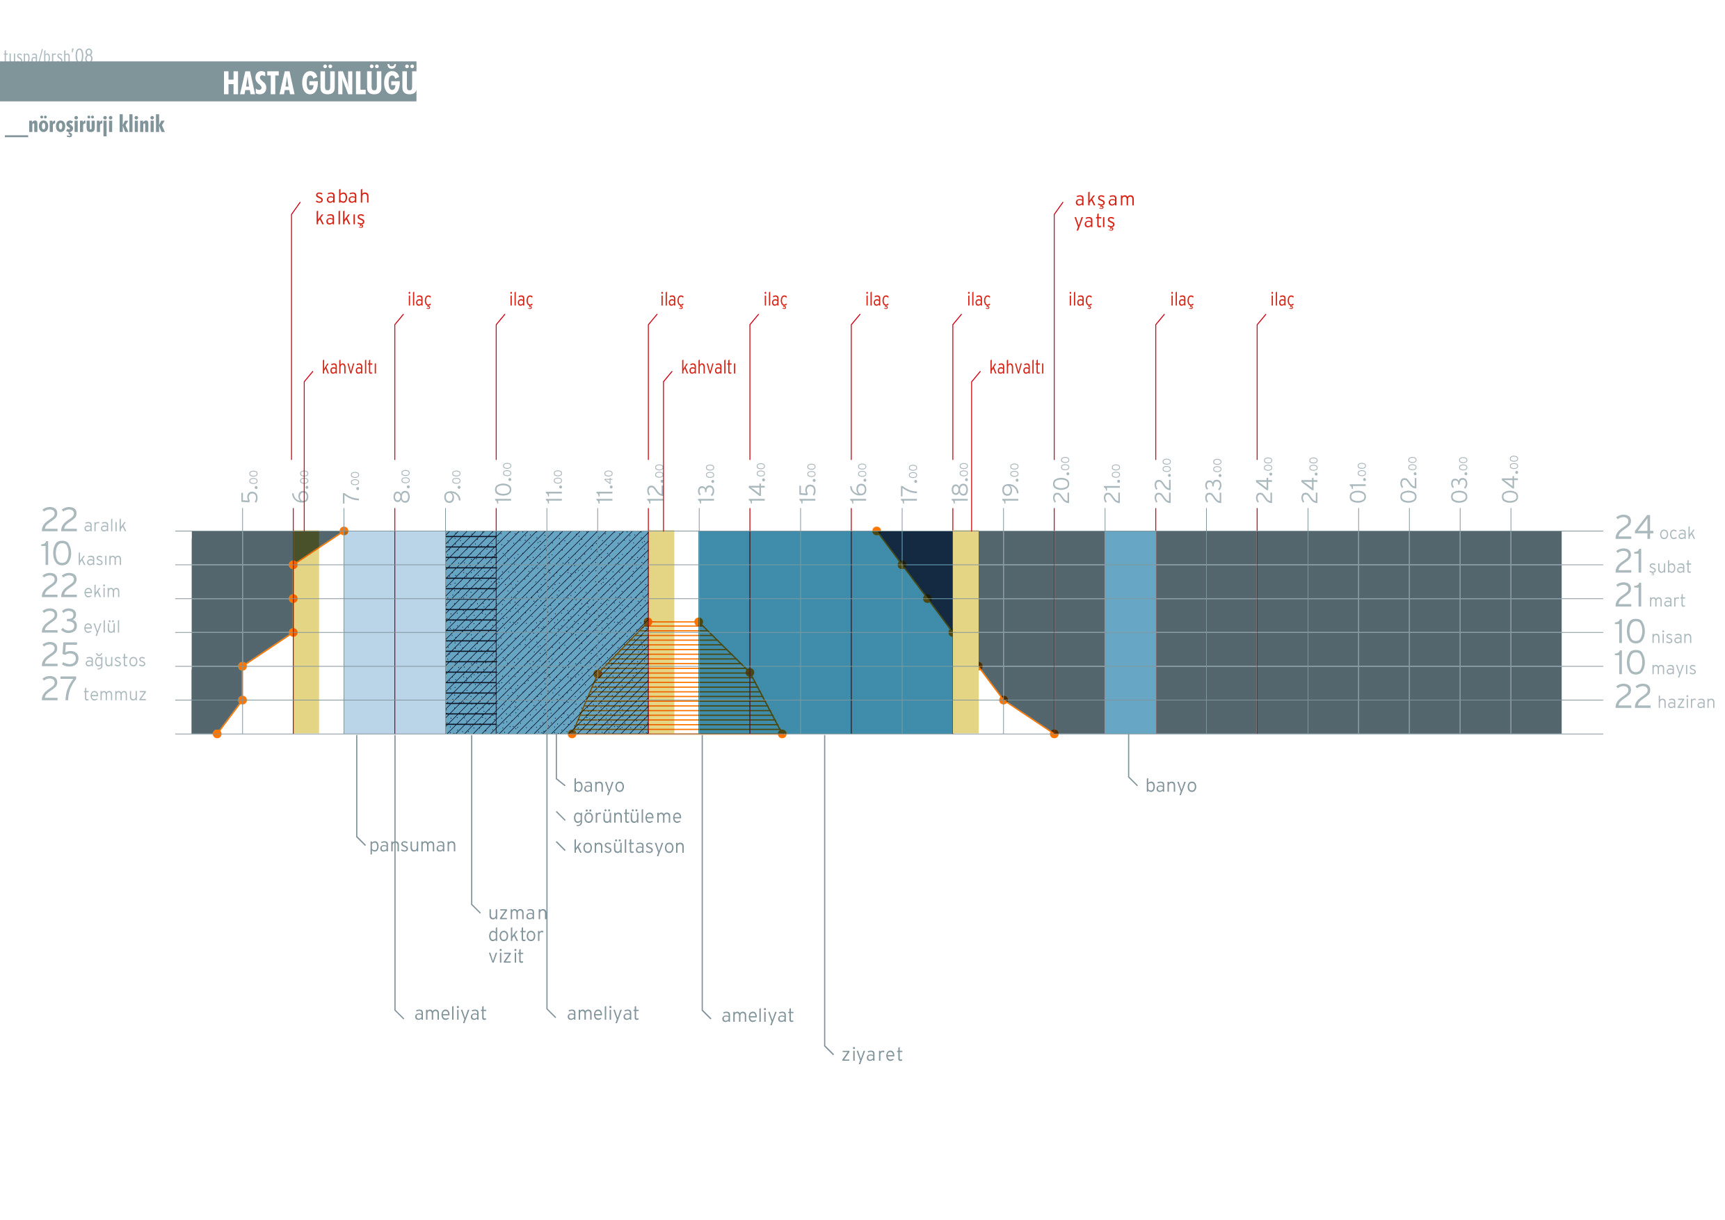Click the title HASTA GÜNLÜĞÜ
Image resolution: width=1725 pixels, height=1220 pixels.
pyautogui.click(x=319, y=83)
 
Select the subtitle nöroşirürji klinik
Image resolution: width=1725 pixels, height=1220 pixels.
pyautogui.click(x=95, y=125)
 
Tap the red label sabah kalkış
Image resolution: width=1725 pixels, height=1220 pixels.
pyautogui.click(x=342, y=207)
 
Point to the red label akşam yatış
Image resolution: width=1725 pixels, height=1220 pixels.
pyautogui.click(x=1103, y=210)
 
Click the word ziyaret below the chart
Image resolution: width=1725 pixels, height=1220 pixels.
pyautogui.click(x=872, y=1054)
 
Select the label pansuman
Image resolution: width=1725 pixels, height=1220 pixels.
pyautogui.click(x=412, y=846)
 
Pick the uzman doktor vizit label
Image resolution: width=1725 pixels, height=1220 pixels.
pyautogui.click(x=517, y=935)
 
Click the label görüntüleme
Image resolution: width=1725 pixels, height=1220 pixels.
pyautogui.click(x=627, y=817)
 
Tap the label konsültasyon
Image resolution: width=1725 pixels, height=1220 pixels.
pyautogui.click(x=628, y=847)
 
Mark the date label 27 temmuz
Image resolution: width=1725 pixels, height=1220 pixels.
pyautogui.click(x=93, y=689)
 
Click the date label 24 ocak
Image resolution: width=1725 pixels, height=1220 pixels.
pyautogui.click(x=1654, y=529)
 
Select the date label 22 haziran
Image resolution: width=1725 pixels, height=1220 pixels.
pyautogui.click(x=1664, y=698)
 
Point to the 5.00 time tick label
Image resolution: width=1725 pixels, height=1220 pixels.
pyautogui.click(x=250, y=487)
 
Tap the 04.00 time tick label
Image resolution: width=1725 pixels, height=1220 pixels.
pyautogui.click(x=1510, y=479)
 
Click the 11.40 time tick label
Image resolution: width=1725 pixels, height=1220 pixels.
pyautogui.click(x=605, y=487)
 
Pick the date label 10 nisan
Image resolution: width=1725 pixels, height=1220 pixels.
pyautogui.click(x=1653, y=633)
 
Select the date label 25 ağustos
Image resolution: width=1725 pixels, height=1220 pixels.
pyautogui.click(x=93, y=657)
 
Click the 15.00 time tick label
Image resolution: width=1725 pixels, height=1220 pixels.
pyautogui.click(x=808, y=483)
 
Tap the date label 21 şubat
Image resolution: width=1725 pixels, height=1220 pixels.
pyautogui.click(x=1652, y=563)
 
